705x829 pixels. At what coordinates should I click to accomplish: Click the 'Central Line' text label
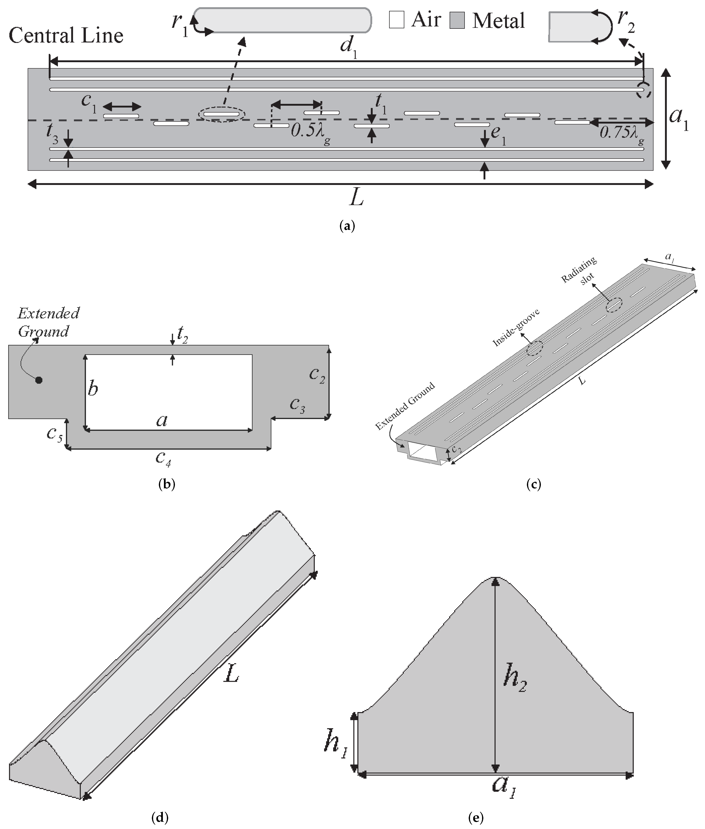pyautogui.click(x=66, y=36)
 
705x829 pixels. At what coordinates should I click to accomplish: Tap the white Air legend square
pyautogui.click(x=396, y=20)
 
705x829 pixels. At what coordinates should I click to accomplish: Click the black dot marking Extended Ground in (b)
pyautogui.click(x=39, y=380)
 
